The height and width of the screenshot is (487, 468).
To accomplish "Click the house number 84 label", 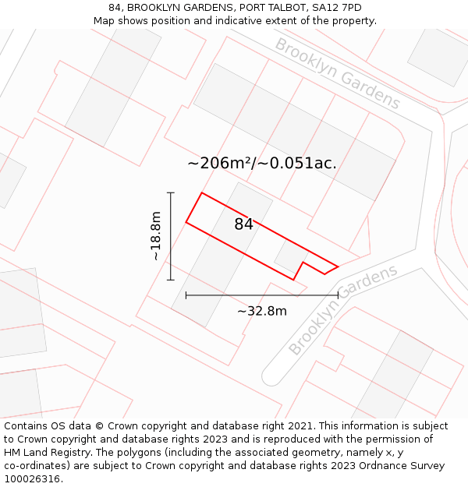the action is coord(243,224).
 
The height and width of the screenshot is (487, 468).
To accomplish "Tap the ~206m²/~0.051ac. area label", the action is coord(262,164).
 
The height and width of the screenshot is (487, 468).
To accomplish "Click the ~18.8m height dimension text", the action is coord(156,236).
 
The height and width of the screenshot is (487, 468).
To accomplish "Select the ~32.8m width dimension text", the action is coord(262,312).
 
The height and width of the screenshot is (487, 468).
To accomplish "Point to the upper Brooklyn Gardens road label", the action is coord(337,73).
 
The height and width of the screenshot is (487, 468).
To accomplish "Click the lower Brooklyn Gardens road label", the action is coord(342,309).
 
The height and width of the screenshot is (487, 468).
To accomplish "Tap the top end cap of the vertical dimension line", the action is coord(171,192).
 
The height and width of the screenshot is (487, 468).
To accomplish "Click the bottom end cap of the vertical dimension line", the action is coord(171,280).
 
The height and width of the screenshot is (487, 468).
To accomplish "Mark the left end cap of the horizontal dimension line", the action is coord(186,295).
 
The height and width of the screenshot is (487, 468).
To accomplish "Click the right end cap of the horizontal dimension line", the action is coord(338,295).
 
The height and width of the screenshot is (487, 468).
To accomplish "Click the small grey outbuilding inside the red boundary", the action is coord(290,256).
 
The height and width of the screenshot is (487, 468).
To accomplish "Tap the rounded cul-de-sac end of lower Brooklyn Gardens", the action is coord(271,376).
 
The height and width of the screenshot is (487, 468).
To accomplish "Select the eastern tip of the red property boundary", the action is coord(338,266).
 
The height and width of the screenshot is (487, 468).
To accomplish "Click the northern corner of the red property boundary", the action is coord(202,192).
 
